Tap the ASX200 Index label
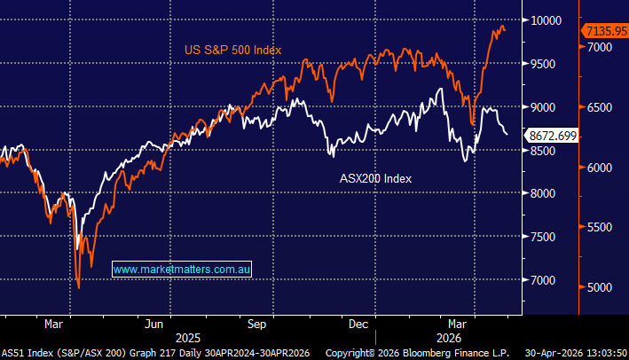(x=376, y=177)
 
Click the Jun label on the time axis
(x=156, y=325)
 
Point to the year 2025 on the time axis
(x=187, y=338)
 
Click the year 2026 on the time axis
(x=444, y=338)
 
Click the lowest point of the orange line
(x=78, y=287)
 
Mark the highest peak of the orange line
(x=502, y=27)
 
